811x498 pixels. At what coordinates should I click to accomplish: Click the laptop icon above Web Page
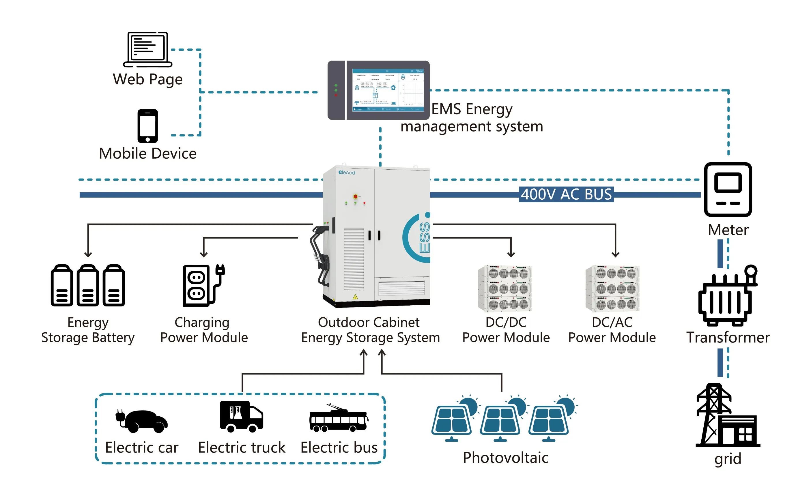(147, 49)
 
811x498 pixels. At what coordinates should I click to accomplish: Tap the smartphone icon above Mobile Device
(147, 126)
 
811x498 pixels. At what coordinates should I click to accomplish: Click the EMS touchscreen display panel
(388, 90)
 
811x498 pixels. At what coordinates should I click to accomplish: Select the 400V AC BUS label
(566, 194)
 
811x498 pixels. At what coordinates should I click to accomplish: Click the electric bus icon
(338, 419)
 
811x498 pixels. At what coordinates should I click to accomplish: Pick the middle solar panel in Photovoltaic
(501, 420)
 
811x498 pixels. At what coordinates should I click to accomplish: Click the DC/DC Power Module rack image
(505, 288)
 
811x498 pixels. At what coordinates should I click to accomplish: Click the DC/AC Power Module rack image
(612, 288)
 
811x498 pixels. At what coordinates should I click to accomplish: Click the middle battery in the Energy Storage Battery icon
(88, 286)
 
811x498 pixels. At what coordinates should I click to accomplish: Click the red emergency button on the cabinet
(355, 196)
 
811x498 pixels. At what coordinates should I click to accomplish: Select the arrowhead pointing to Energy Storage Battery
(88, 254)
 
